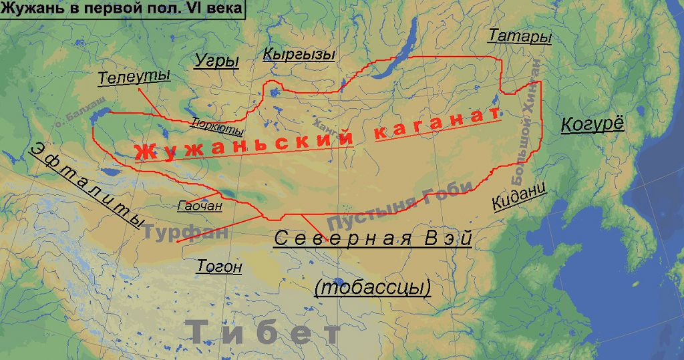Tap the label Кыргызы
point(299,55)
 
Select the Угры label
point(217,61)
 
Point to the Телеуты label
point(134,77)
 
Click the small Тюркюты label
point(217,126)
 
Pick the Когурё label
point(592,124)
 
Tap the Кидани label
point(519,195)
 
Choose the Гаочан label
point(200,206)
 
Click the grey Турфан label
point(186,233)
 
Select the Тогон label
point(219,267)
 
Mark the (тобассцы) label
point(372,287)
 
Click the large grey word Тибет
point(265,332)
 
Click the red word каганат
point(438,124)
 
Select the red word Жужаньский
point(244,142)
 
